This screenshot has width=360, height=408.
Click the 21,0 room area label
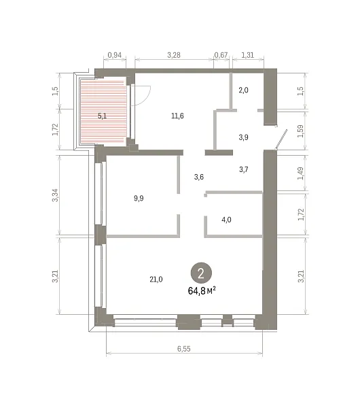click(x=156, y=279)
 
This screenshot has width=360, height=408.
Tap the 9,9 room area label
click(x=139, y=199)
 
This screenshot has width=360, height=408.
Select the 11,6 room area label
click(x=177, y=116)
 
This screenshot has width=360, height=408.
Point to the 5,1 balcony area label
click(x=102, y=116)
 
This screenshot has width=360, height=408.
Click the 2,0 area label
click(x=243, y=90)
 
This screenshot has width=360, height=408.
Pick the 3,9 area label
click(x=243, y=137)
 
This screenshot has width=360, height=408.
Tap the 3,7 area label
click(x=244, y=169)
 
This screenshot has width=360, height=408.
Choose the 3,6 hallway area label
click(x=199, y=177)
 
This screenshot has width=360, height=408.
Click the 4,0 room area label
click(x=226, y=220)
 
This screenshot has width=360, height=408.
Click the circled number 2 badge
click(x=201, y=273)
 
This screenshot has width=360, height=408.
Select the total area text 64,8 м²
click(x=202, y=290)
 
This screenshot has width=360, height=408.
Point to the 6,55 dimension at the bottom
click(x=184, y=349)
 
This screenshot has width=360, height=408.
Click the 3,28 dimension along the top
click(x=174, y=55)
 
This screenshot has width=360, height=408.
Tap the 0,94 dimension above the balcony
click(x=114, y=55)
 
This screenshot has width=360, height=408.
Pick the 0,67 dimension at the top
click(x=221, y=55)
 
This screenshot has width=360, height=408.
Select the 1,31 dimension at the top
click(x=247, y=55)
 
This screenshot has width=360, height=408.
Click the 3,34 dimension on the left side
click(x=56, y=195)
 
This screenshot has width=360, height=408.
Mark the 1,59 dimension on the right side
click(x=300, y=131)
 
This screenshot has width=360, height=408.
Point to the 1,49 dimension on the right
click(x=300, y=173)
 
